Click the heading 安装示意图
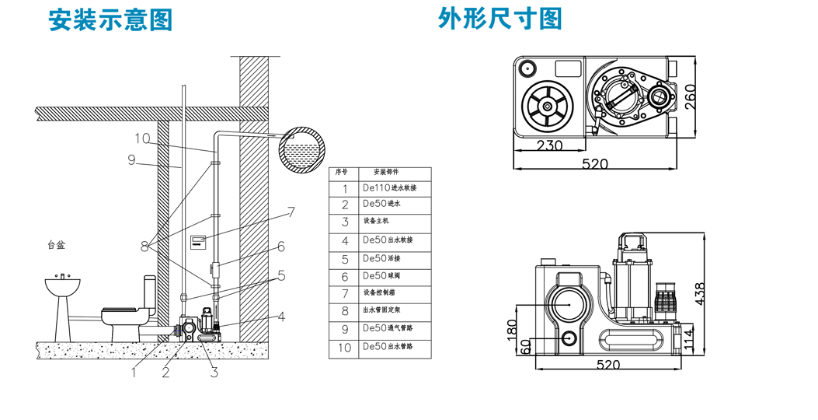coord(110,19)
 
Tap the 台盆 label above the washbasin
coord(56,245)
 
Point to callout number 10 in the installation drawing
coord(141,138)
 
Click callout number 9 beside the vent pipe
coord(131,161)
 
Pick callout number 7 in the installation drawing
coord(291,211)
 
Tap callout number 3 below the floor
coord(214,373)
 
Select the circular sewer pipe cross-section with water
coord(303,149)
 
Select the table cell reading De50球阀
coord(384,277)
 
